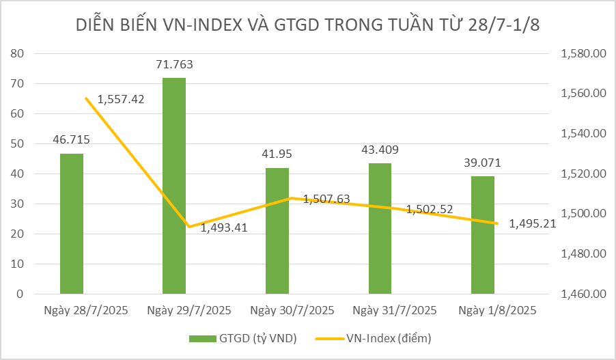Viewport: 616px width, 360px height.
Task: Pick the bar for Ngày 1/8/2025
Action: click(x=483, y=235)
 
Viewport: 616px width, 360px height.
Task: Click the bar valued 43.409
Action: click(x=380, y=229)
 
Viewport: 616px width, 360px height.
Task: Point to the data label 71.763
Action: click(x=174, y=66)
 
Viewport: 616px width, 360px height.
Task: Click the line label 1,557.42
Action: click(x=121, y=99)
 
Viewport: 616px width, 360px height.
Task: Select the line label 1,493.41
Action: click(x=223, y=227)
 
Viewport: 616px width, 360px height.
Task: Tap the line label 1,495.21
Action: click(x=533, y=223)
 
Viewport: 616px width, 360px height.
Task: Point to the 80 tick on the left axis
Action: click(x=18, y=53)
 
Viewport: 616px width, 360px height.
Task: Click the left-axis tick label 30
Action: click(x=18, y=204)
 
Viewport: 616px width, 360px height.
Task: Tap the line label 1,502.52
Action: click(x=430, y=209)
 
